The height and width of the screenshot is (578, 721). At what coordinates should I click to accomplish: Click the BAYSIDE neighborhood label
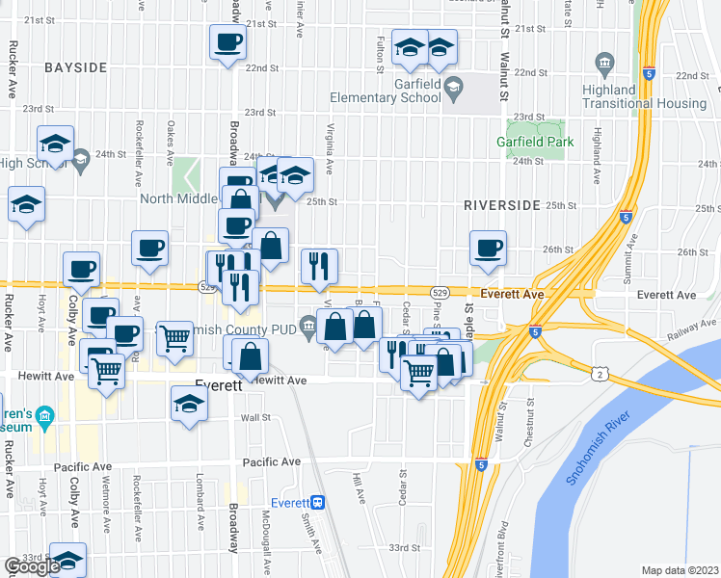(x=75, y=67)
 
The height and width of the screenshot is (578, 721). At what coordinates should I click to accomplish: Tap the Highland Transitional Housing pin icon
(x=605, y=66)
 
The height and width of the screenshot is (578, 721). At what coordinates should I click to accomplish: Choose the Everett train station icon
(x=318, y=503)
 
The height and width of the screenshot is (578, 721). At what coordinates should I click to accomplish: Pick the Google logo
(x=33, y=566)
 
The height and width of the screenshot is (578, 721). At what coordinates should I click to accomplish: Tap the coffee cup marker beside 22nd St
(x=227, y=42)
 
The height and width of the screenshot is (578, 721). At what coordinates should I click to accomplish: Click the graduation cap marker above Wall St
(x=189, y=405)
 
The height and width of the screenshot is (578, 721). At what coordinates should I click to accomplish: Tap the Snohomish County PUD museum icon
(x=307, y=328)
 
